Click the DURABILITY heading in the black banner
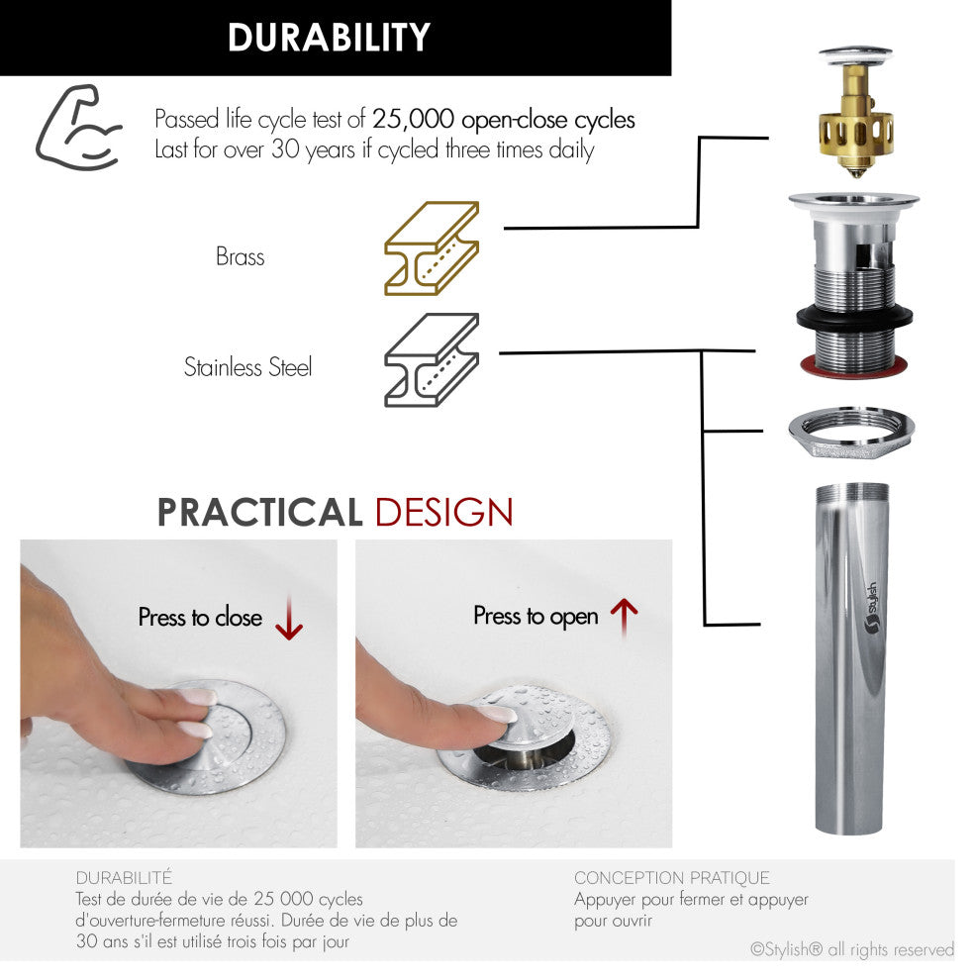point(329,37)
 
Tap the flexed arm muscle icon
point(78,128)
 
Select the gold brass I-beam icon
point(432,248)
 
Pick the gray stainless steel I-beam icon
point(432,360)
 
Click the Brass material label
point(241,256)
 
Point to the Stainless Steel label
point(247,367)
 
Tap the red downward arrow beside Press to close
point(289,618)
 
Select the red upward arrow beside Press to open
point(624,617)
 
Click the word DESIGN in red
point(444,513)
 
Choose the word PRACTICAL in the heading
point(259,513)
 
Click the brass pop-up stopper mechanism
point(856,113)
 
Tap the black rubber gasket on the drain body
point(854,318)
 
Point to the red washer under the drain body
point(854,365)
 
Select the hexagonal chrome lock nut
point(851,432)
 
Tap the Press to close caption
point(200,618)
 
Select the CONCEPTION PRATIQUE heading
point(672,878)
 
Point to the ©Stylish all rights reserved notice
point(852,950)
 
